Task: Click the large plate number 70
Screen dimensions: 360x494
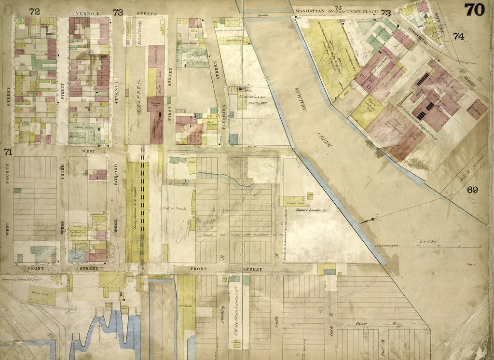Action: [x=475, y=10]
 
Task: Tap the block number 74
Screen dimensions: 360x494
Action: [x=458, y=36]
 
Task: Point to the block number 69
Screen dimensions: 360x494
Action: [x=472, y=190]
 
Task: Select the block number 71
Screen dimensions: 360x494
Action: [x=7, y=152]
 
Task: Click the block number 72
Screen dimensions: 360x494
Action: [x=34, y=11]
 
